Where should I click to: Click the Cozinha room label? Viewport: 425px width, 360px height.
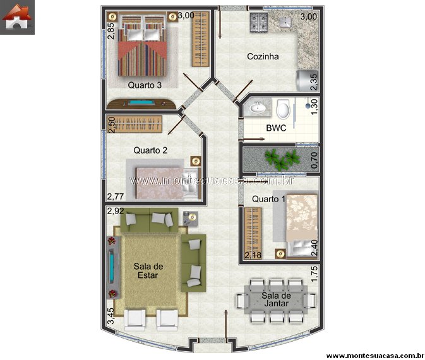(263, 56)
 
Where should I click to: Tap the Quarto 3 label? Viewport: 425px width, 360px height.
(145, 85)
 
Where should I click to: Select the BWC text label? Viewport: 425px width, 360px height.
(276, 128)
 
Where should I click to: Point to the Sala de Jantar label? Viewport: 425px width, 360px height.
(276, 299)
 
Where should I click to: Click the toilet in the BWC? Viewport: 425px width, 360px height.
(284, 109)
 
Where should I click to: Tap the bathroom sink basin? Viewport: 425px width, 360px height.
(258, 107)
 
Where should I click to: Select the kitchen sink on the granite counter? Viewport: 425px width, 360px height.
(285, 23)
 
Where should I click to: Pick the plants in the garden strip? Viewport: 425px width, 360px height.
(282, 159)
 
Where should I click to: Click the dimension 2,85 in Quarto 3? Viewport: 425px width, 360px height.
(111, 31)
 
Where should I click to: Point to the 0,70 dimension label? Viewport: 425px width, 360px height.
(314, 160)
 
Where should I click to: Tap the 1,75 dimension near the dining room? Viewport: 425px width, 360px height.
(314, 274)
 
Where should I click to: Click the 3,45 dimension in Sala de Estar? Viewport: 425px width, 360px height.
(111, 316)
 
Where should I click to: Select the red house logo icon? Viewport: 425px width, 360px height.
(17, 17)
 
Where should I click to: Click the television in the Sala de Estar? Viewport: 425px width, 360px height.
(111, 267)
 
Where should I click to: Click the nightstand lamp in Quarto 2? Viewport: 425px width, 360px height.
(196, 161)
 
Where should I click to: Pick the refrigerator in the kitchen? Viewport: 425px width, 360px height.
(307, 80)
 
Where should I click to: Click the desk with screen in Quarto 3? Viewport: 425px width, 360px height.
(141, 104)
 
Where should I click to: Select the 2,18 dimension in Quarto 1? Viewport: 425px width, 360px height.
(253, 255)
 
